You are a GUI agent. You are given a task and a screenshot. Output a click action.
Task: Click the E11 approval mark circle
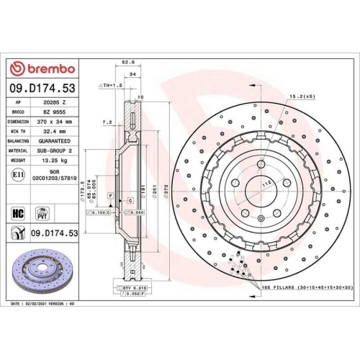[17, 175]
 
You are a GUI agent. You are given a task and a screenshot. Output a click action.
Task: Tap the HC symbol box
[18, 213]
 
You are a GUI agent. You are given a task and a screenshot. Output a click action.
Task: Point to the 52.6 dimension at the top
[130, 63]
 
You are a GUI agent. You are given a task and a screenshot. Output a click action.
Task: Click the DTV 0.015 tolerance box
[135, 287]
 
